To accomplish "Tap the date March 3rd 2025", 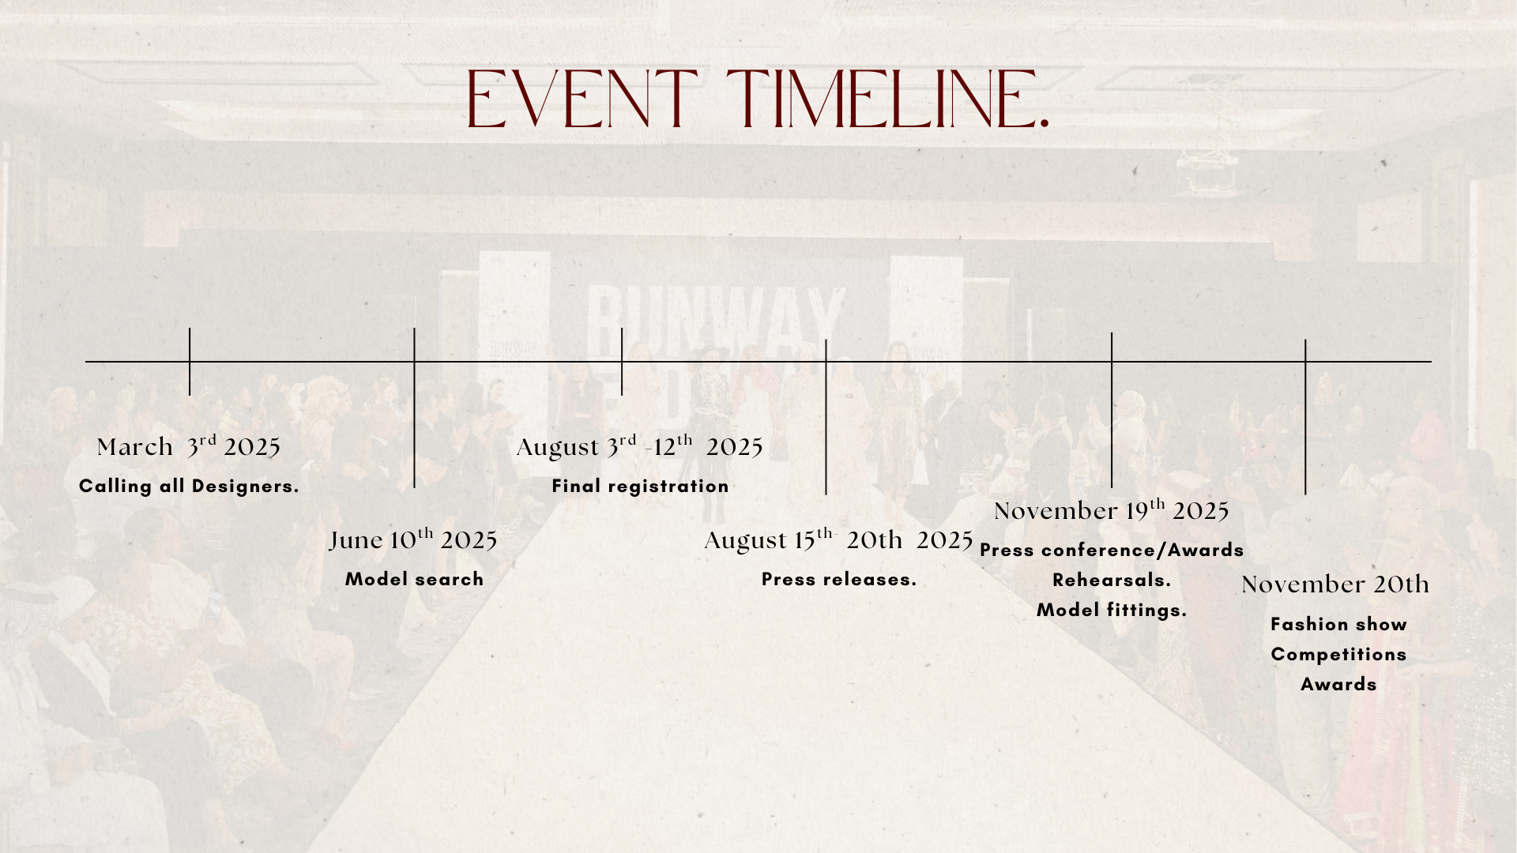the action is click(x=189, y=446).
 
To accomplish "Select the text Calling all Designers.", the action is click(x=189, y=486).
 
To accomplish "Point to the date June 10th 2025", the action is click(x=413, y=539).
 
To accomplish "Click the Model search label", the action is click(x=414, y=579).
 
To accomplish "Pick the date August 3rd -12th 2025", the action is click(x=640, y=446).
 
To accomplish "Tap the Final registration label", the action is click(x=640, y=486).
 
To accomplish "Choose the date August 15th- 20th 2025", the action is click(x=838, y=539).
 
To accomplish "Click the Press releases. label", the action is click(x=839, y=579).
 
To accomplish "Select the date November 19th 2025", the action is click(x=1112, y=510).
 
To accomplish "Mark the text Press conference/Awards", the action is click(x=1112, y=550).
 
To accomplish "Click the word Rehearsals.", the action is click(x=1112, y=580).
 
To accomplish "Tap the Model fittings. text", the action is click(x=1112, y=610).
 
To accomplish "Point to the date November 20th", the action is click(x=1335, y=584).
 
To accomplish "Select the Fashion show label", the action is click(x=1338, y=624).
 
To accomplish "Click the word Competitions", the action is click(x=1338, y=654).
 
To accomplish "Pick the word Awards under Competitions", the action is click(x=1338, y=684).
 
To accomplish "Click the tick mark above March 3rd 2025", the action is click(x=190, y=362).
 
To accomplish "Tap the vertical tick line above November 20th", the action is click(x=1305, y=417).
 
